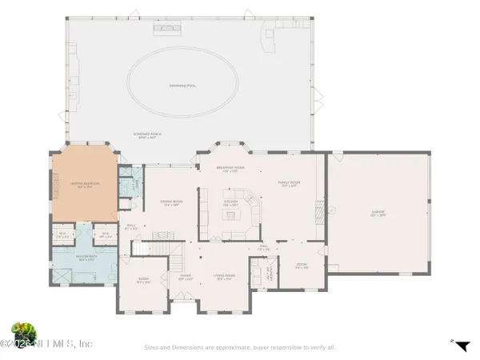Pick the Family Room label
coord(288,185)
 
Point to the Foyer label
coord(184,278)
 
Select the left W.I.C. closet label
coord(64,235)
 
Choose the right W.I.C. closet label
coord(104,235)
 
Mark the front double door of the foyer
coord(184,302)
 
